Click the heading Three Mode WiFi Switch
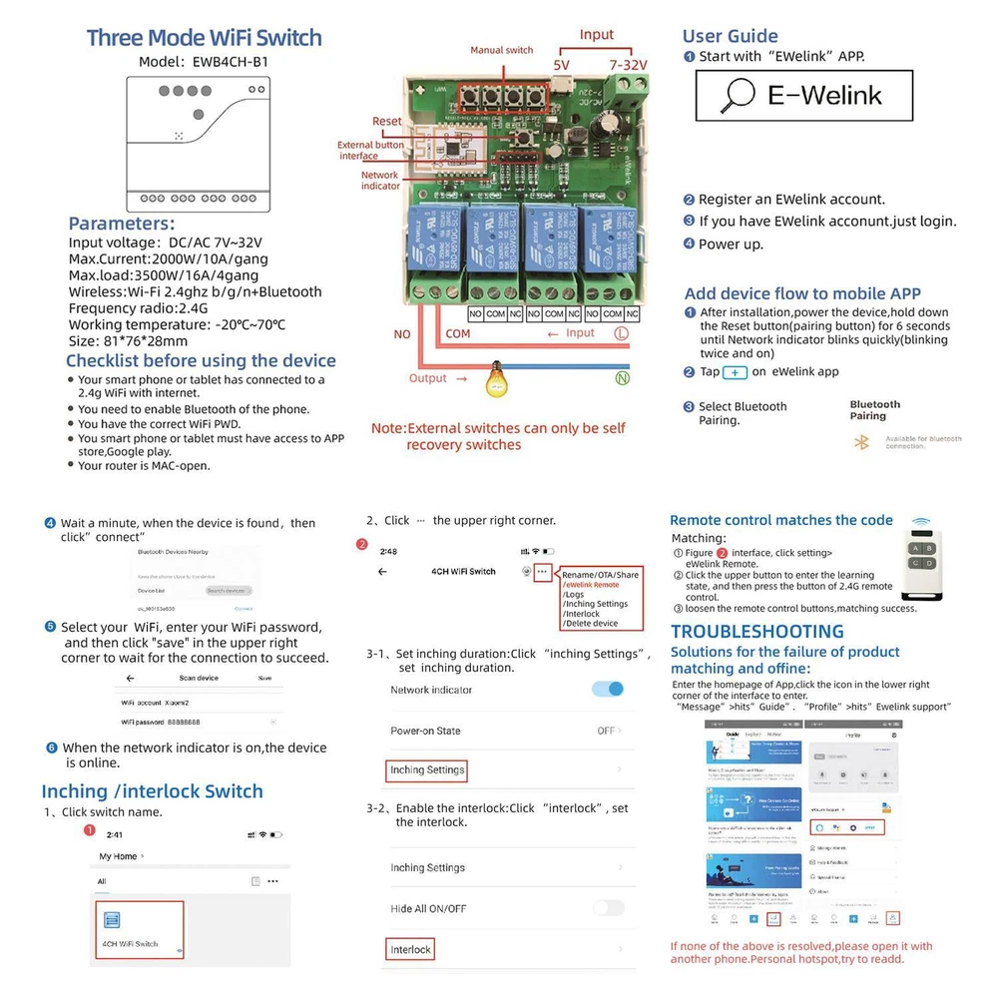pos(204,38)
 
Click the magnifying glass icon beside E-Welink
pos(740,95)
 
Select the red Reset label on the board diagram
pos(387,122)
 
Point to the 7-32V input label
pos(628,65)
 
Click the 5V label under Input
pos(561,65)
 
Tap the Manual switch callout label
pos(502,50)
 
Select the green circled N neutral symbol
pos(622,378)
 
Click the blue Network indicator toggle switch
pos(608,689)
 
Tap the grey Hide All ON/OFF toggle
pos(608,908)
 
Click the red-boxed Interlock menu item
pos(410,949)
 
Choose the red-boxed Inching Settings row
pos(427,770)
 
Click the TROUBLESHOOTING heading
pos(757,631)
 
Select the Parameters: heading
pos(122,224)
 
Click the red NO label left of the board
pos(402,334)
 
